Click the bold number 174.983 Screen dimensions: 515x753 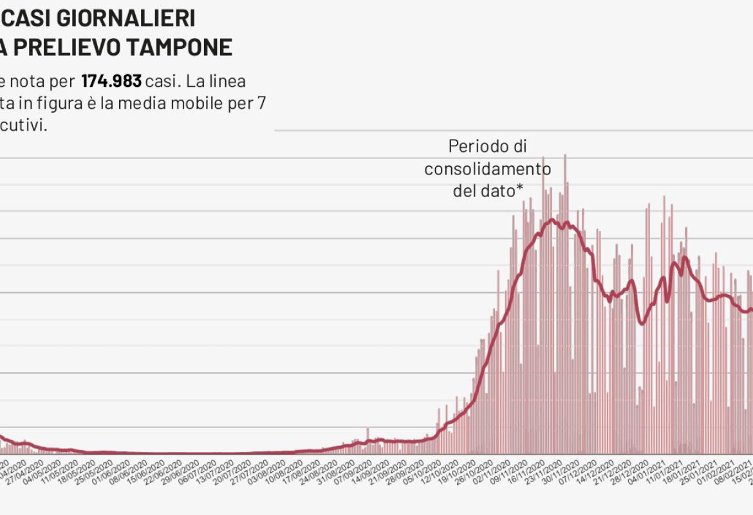tap(111, 82)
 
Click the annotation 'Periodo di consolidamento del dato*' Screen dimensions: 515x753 tap(487, 169)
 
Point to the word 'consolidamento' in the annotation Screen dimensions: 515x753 tap(487, 169)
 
